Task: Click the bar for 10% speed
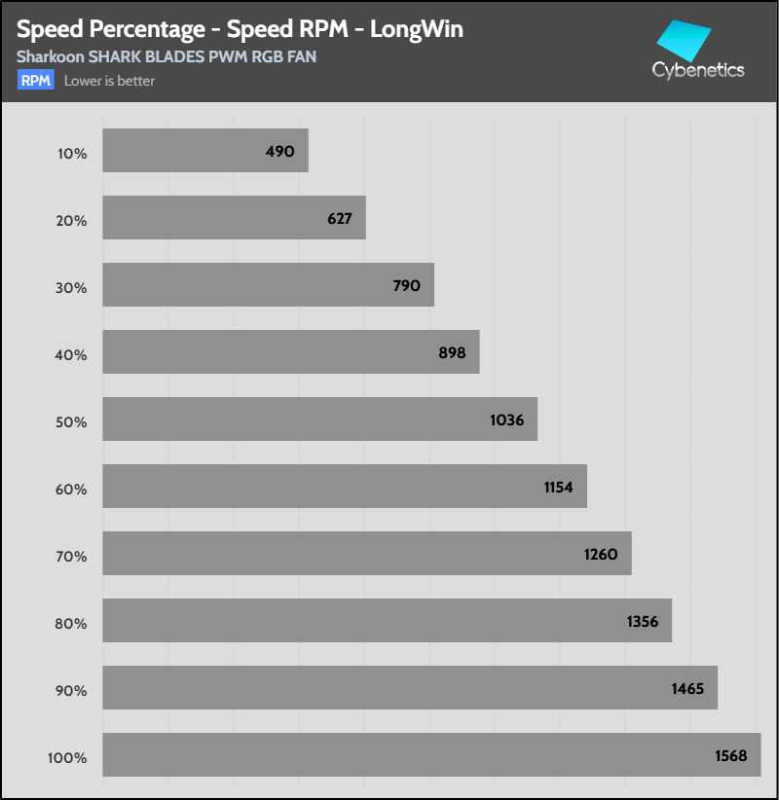204,151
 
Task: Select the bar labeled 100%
431,754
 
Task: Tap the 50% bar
319,418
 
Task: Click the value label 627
340,219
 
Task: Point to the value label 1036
507,420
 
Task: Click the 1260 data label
602,555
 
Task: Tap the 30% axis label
71,288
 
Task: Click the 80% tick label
71,624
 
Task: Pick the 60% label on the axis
71,490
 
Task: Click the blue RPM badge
36,81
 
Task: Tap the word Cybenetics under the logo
698,69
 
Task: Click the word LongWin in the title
414,29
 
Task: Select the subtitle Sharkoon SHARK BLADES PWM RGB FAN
167,56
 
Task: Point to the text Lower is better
109,81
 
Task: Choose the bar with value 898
290,351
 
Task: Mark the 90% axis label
71,691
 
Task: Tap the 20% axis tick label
71,221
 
